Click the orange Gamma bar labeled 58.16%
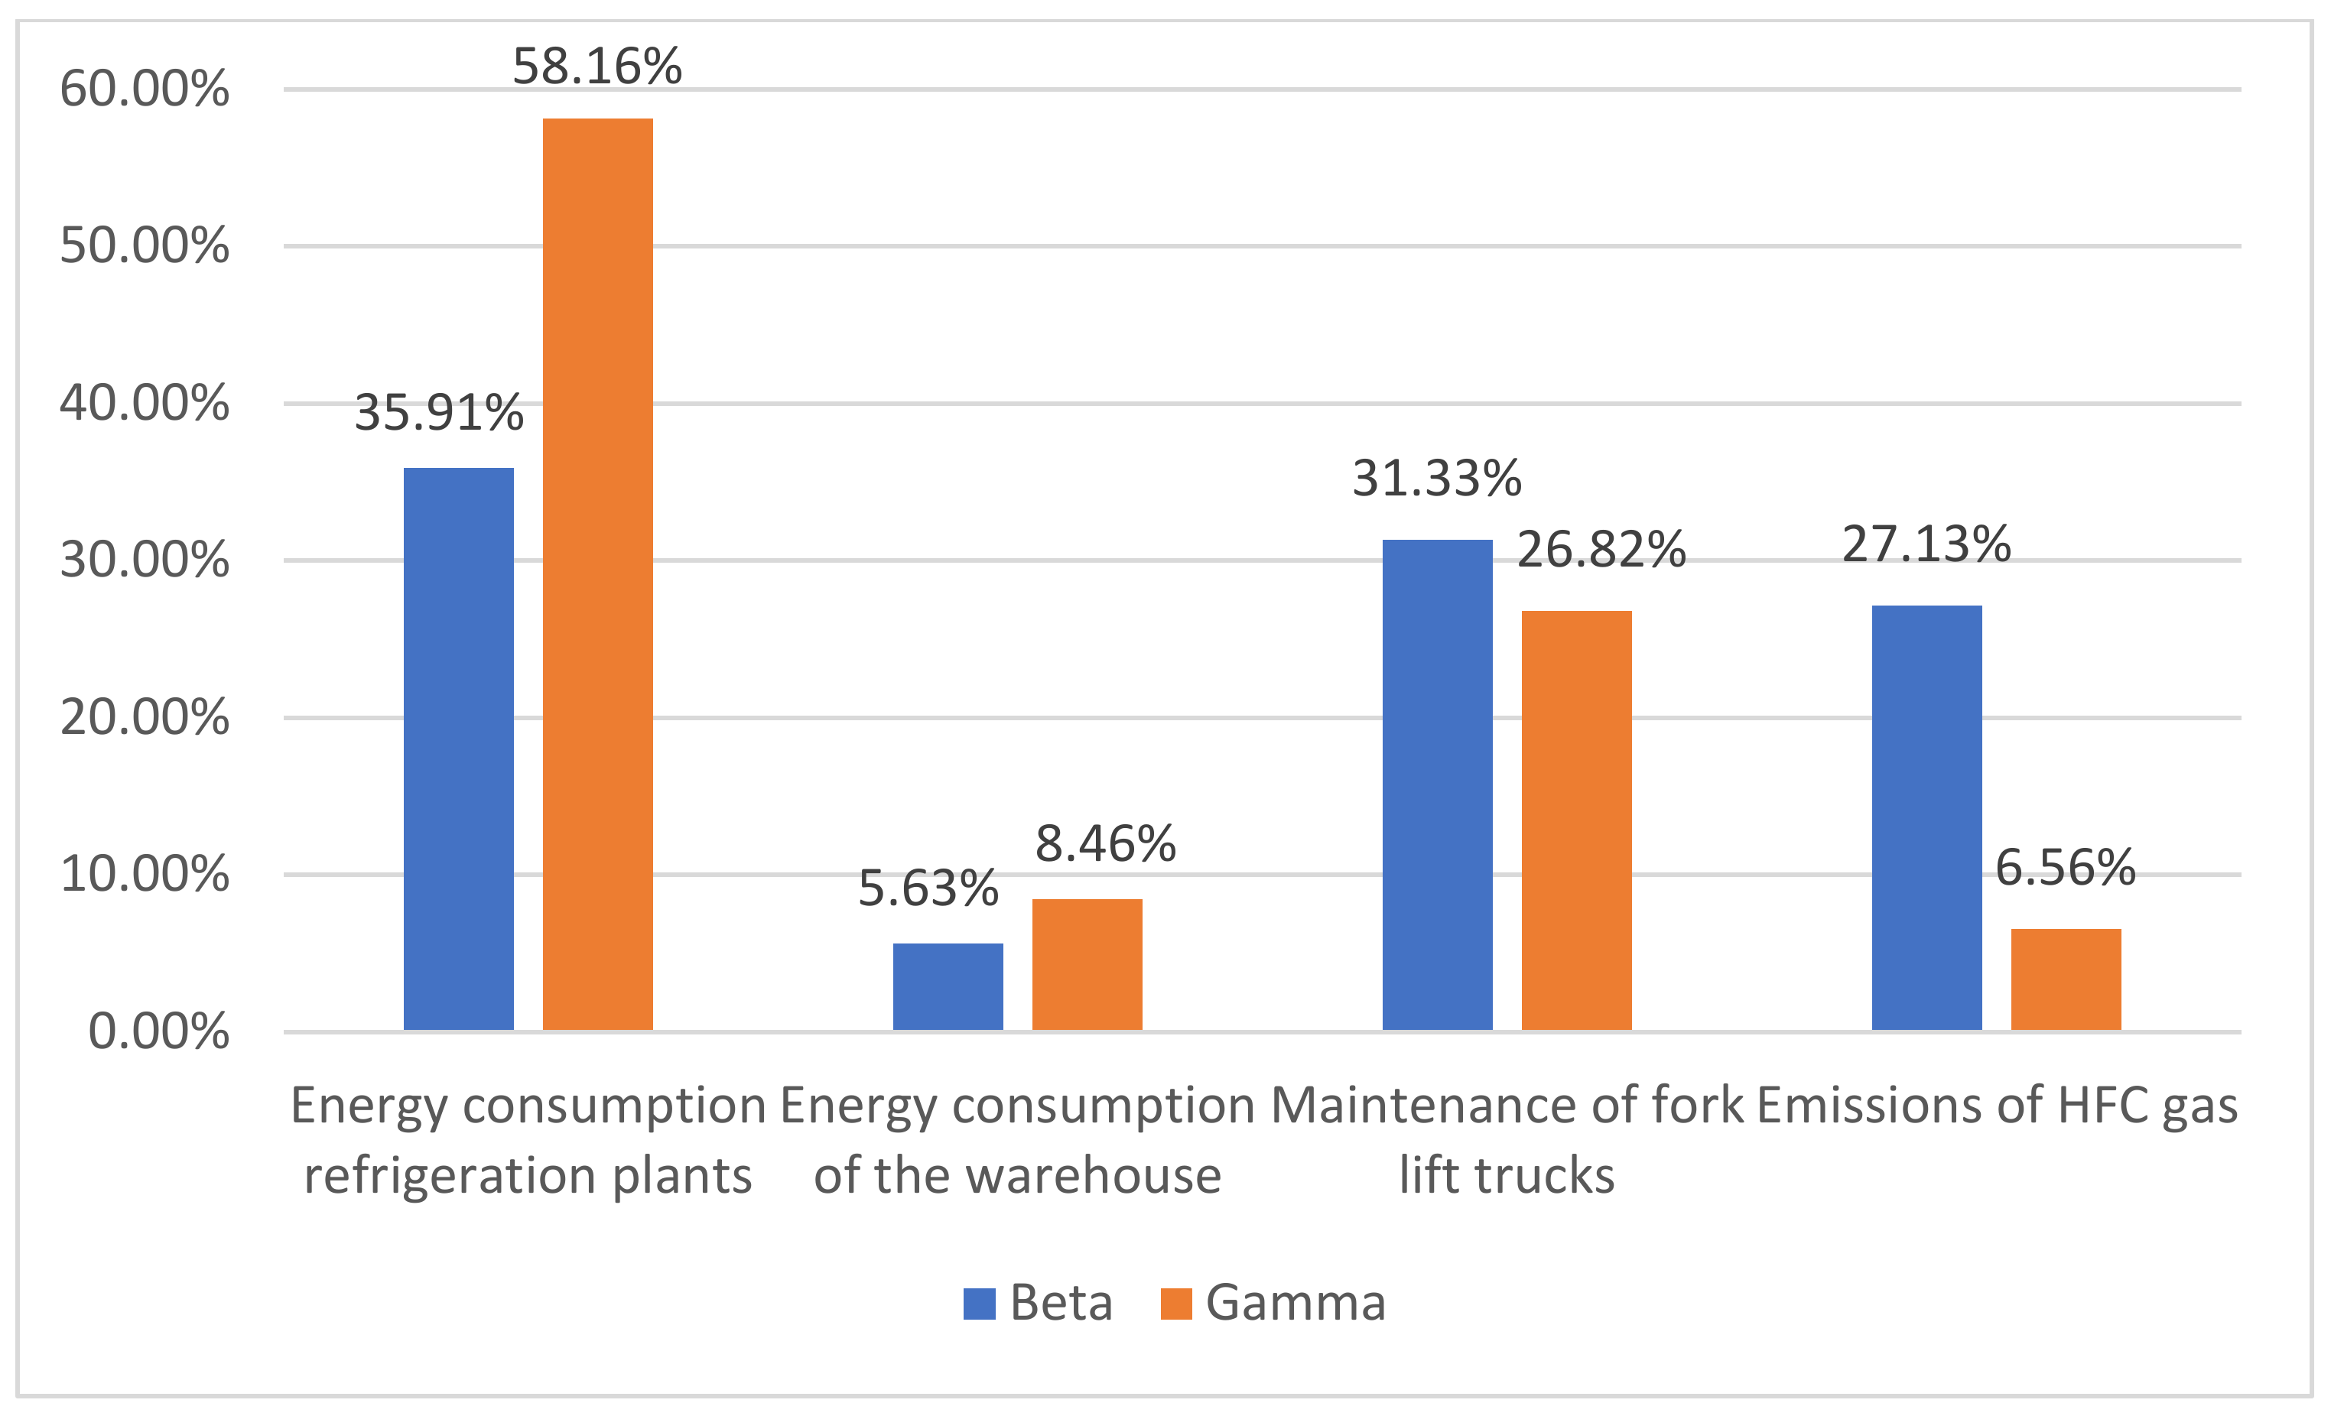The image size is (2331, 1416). [x=597, y=573]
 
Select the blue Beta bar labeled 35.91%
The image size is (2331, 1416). [x=458, y=749]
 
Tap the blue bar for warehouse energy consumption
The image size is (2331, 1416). [x=947, y=986]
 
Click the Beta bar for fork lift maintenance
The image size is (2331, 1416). [x=1436, y=784]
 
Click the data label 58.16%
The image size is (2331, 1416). [x=597, y=67]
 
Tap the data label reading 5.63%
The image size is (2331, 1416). [x=928, y=888]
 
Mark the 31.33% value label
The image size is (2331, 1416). [x=1436, y=478]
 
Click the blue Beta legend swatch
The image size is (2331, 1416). [x=979, y=1304]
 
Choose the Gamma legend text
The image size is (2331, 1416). [x=1294, y=1303]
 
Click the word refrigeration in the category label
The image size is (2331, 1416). [x=450, y=1176]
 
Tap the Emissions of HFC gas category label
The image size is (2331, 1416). [x=1996, y=1106]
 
